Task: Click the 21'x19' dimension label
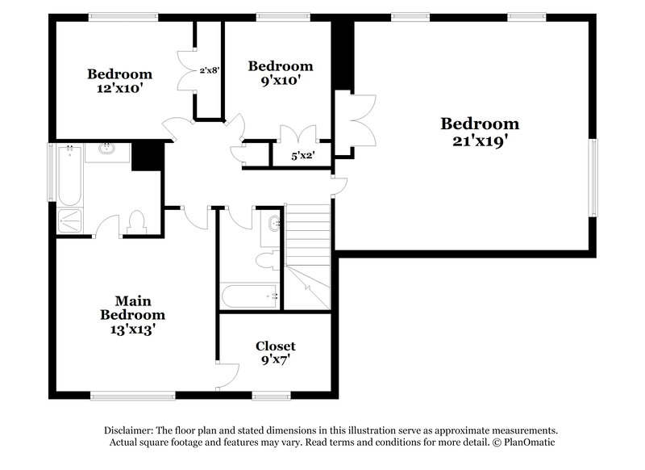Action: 480,140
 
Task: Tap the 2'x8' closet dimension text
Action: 210,70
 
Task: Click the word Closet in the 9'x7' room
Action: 275,346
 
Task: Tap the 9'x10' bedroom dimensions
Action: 280,81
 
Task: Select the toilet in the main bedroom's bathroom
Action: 135,222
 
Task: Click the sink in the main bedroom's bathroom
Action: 106,149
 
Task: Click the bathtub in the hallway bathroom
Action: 250,296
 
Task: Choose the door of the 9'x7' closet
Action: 229,372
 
